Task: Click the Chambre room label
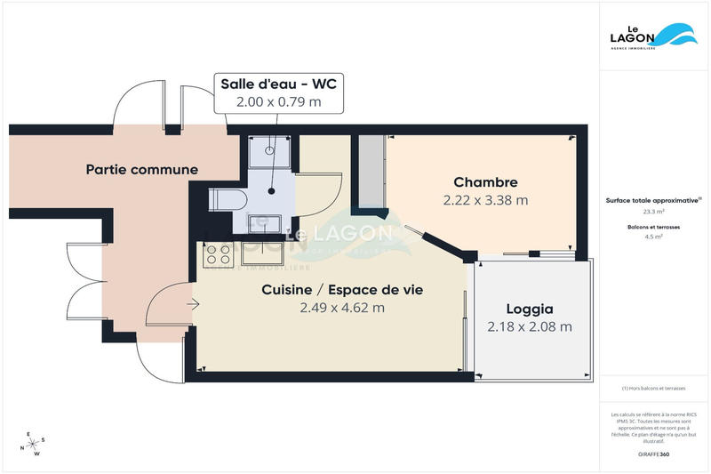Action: (x=485, y=181)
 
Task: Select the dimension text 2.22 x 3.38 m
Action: (x=485, y=200)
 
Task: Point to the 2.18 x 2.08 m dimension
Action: (x=530, y=327)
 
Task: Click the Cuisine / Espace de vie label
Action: (x=341, y=290)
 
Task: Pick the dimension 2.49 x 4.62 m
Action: (x=341, y=309)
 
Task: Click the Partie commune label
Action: (x=141, y=169)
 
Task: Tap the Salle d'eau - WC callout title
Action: (x=278, y=84)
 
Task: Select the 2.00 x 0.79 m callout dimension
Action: (x=278, y=102)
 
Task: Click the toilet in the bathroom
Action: (x=226, y=200)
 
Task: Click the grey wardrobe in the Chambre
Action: (x=369, y=174)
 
